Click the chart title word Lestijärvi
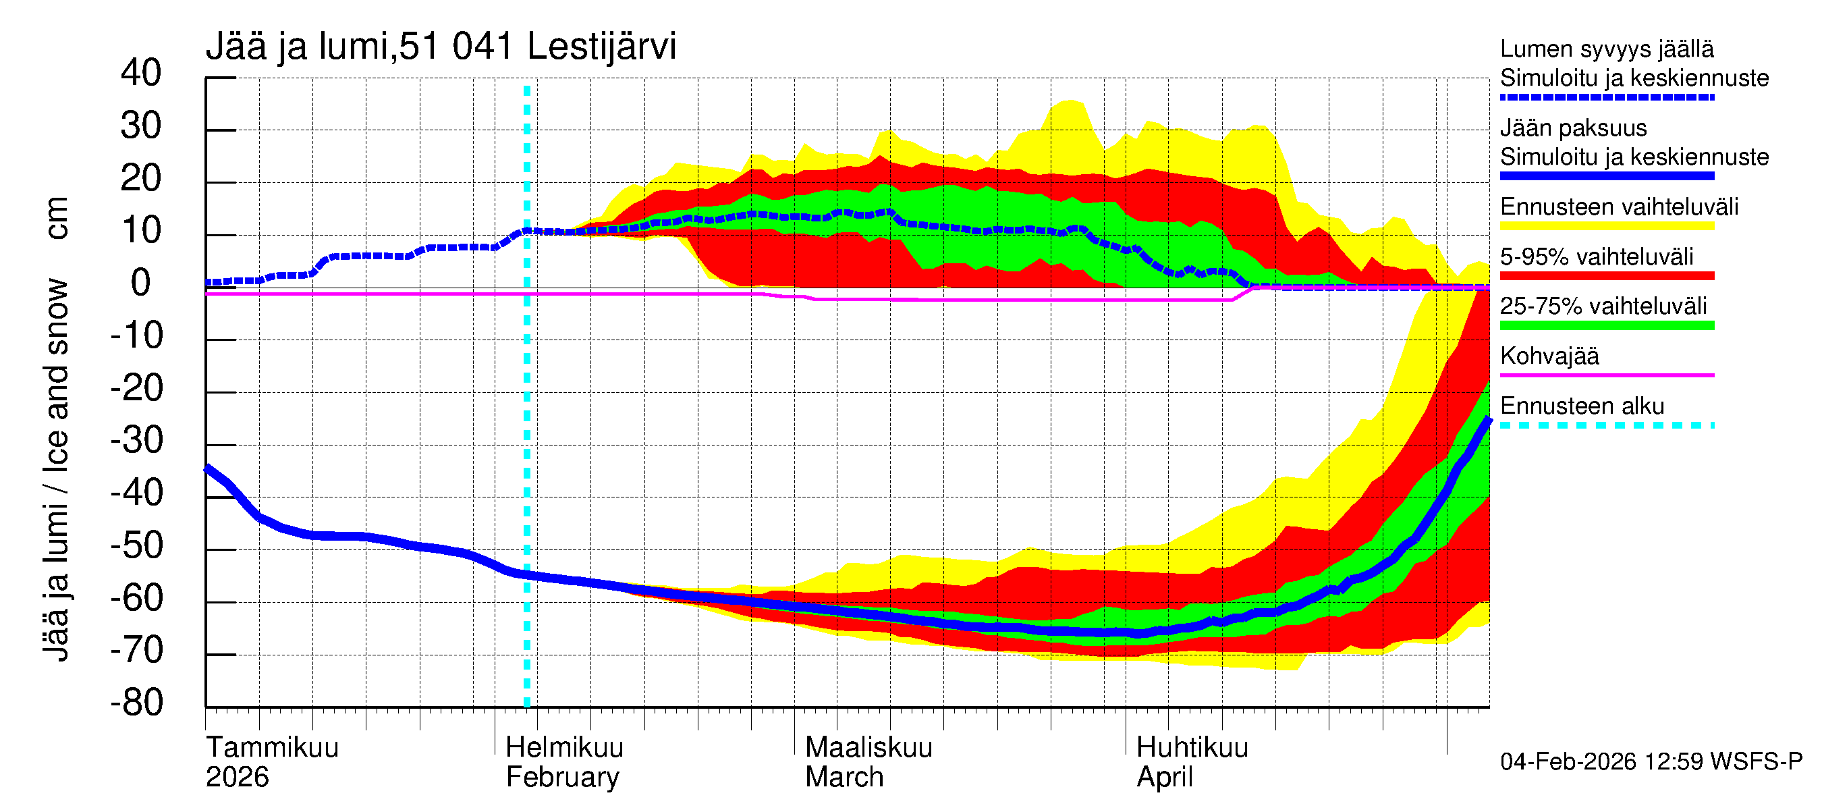(x=601, y=47)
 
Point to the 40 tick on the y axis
(x=141, y=73)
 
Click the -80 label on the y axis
(x=136, y=703)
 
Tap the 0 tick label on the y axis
(x=141, y=283)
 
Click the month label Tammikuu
(x=273, y=748)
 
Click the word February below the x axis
(x=562, y=778)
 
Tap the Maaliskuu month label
(x=868, y=748)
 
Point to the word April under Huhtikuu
(x=1164, y=778)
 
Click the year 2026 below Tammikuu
(x=237, y=778)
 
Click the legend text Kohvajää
(x=1549, y=356)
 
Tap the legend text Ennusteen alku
(x=1582, y=406)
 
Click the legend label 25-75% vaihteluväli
(x=1603, y=306)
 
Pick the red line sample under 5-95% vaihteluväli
(x=1606, y=276)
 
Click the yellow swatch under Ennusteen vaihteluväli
(x=1606, y=226)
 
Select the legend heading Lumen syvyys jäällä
(x=1606, y=49)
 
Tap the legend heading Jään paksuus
(x=1573, y=128)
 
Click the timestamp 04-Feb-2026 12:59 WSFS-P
(x=1651, y=762)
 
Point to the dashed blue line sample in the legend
(x=1606, y=98)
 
